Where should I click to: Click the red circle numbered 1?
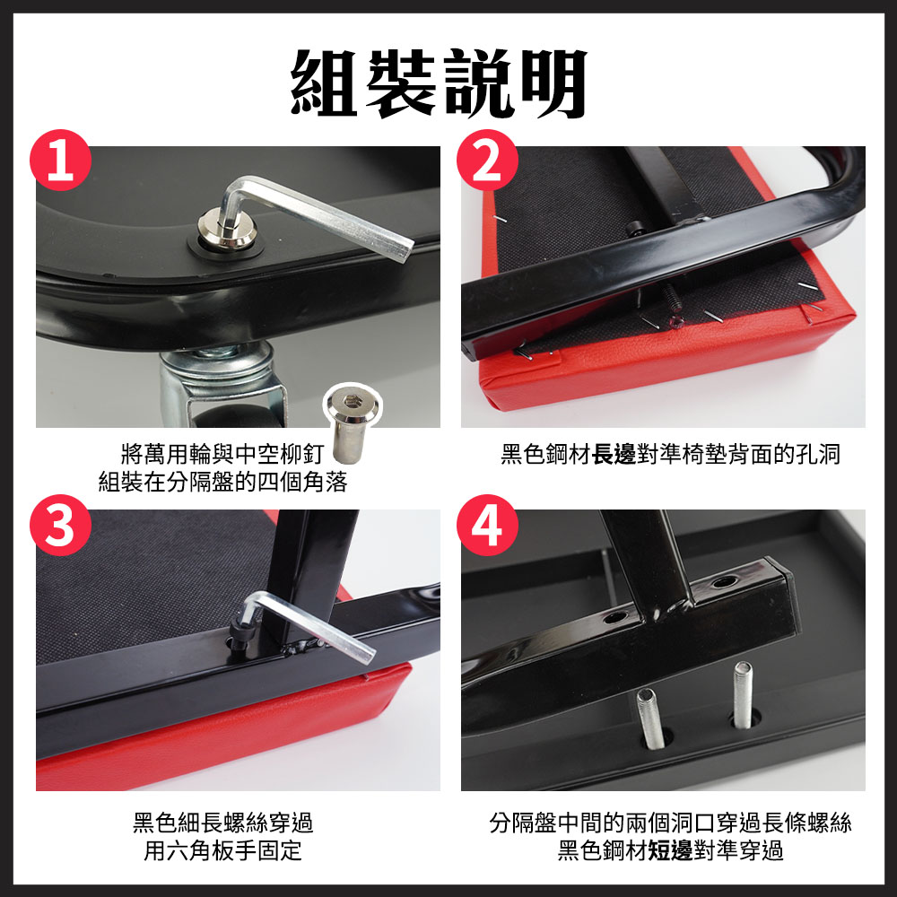pos(61,161)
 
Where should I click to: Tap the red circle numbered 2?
pos(487,161)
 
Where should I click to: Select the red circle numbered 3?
pos(61,525)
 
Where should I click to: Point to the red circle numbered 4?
pos(487,525)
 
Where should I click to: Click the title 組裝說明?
pos(440,84)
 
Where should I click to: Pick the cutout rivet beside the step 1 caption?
pos(352,422)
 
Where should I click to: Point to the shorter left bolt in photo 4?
pos(650,718)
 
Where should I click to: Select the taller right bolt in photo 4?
pos(743,695)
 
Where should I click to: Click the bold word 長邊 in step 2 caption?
pos(614,455)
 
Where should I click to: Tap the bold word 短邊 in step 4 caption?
pos(670,850)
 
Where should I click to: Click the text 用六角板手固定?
pos(222,850)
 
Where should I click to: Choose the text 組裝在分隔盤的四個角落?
pos(222,482)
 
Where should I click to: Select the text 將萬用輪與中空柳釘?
pos(222,455)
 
